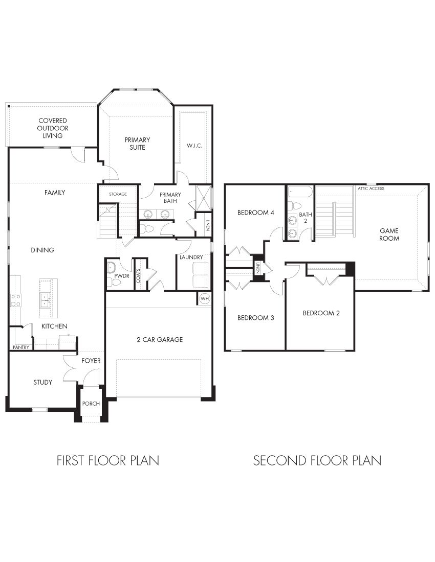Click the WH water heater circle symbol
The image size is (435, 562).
(x=204, y=298)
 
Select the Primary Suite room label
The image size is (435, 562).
(x=137, y=144)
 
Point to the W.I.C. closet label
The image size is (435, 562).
(x=194, y=146)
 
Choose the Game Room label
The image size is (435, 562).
(x=389, y=235)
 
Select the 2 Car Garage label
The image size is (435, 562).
(x=159, y=340)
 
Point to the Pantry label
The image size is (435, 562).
(x=21, y=347)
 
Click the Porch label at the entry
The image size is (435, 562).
(x=91, y=404)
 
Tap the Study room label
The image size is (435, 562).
(x=42, y=382)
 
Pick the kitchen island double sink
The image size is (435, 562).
(x=45, y=299)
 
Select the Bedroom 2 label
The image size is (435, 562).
(x=321, y=313)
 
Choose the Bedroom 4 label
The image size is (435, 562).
(x=253, y=213)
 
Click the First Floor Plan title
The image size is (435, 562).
(x=107, y=460)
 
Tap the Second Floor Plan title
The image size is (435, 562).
(x=317, y=460)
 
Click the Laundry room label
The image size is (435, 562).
(x=191, y=257)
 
